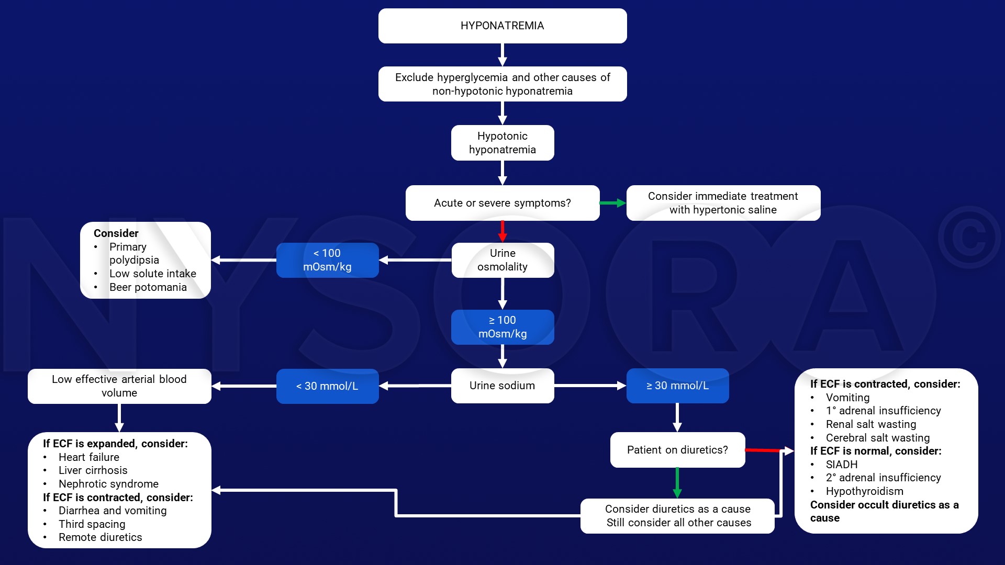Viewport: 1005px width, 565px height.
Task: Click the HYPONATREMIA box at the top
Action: (x=502, y=26)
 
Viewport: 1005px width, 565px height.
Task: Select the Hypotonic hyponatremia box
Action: (x=502, y=143)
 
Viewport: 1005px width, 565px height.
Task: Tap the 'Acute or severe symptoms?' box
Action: (x=502, y=203)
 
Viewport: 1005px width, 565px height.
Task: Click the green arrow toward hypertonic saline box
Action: (x=612, y=203)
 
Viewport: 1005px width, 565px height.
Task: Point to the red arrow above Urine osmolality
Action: (x=502, y=231)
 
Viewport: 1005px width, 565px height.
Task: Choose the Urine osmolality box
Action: (x=502, y=260)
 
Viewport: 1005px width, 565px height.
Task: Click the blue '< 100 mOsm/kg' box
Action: (x=327, y=260)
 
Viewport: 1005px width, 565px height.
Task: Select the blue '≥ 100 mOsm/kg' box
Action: (x=502, y=327)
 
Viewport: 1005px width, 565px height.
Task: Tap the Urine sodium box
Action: (x=502, y=386)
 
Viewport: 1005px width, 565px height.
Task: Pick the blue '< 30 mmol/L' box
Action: (x=327, y=386)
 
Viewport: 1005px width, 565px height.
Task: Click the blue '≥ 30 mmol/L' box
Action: (x=677, y=386)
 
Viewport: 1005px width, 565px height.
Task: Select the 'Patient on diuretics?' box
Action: (x=677, y=450)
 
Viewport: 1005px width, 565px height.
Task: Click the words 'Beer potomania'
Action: (x=148, y=287)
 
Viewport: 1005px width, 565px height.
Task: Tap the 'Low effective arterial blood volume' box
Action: (x=119, y=386)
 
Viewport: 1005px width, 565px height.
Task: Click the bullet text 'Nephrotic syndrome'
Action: (x=108, y=484)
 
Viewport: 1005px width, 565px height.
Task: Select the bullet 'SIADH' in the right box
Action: (x=841, y=465)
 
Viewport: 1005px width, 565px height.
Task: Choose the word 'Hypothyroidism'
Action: (x=864, y=491)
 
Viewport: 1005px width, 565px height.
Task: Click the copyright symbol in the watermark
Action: (x=969, y=237)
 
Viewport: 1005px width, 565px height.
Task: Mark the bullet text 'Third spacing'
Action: (x=92, y=524)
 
